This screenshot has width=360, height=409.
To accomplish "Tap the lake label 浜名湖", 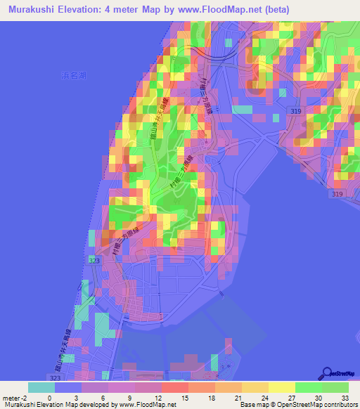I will (72, 74).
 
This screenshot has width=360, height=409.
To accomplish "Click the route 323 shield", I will (95, 260).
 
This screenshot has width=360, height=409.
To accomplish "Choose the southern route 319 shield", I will (338, 193).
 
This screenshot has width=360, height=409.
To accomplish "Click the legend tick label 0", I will (49, 397).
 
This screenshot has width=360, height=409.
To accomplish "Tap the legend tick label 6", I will (103, 397).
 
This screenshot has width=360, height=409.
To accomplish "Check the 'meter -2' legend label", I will (15, 397).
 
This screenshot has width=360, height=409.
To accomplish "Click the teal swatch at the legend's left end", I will (41, 387).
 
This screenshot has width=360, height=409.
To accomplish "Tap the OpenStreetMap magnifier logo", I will (327, 373).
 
